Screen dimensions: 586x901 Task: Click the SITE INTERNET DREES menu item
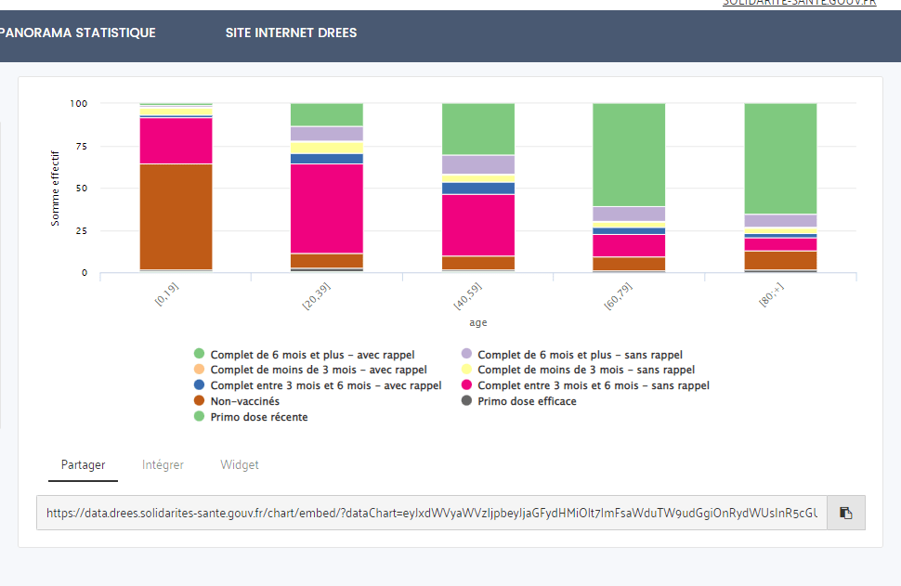[x=291, y=33]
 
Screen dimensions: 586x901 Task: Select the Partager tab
[x=83, y=465]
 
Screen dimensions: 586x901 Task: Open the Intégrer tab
[x=163, y=465]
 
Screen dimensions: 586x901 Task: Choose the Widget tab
[x=240, y=465]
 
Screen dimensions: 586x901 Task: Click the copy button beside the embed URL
[x=845, y=513]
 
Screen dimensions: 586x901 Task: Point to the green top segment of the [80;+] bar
[x=780, y=158]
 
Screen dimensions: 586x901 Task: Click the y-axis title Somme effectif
[x=55, y=188]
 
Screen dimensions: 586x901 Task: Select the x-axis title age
[x=477, y=323]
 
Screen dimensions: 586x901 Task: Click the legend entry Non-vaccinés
[x=244, y=401]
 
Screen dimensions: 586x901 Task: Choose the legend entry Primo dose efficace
[x=527, y=401]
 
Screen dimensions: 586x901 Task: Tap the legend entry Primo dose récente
[x=259, y=417]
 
